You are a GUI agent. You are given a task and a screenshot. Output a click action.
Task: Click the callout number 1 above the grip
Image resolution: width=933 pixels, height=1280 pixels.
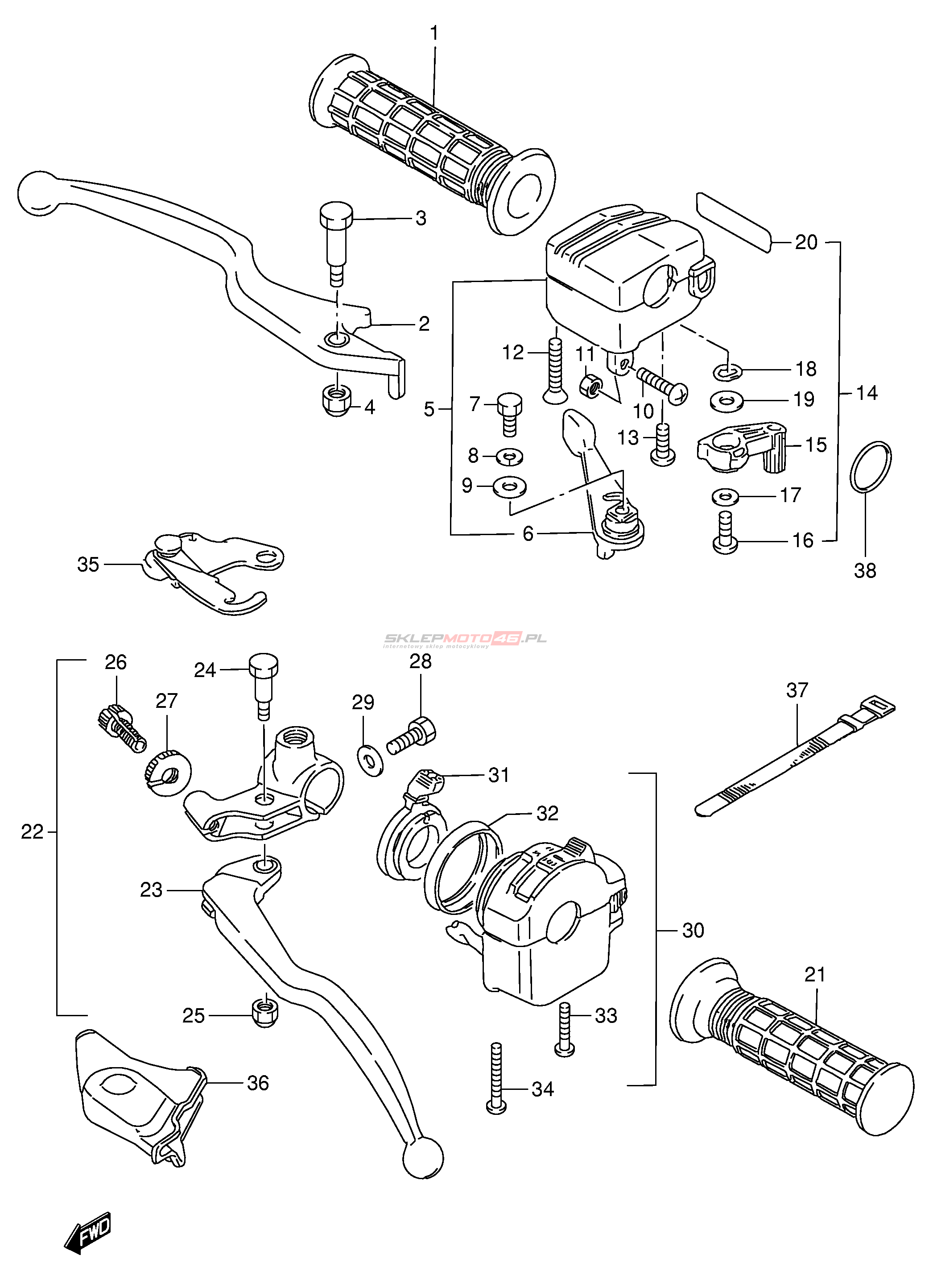click(434, 34)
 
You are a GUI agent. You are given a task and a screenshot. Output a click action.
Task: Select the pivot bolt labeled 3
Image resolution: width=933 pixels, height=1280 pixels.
click(336, 237)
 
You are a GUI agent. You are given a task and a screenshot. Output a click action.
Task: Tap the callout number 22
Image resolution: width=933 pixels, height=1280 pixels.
click(32, 832)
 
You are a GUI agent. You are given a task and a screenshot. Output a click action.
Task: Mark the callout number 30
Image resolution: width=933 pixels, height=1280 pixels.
click(693, 930)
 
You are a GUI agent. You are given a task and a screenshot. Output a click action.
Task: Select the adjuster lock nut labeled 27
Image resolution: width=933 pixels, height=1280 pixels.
click(165, 771)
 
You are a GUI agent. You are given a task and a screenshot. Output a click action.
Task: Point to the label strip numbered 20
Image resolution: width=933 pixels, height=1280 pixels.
click(734, 222)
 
